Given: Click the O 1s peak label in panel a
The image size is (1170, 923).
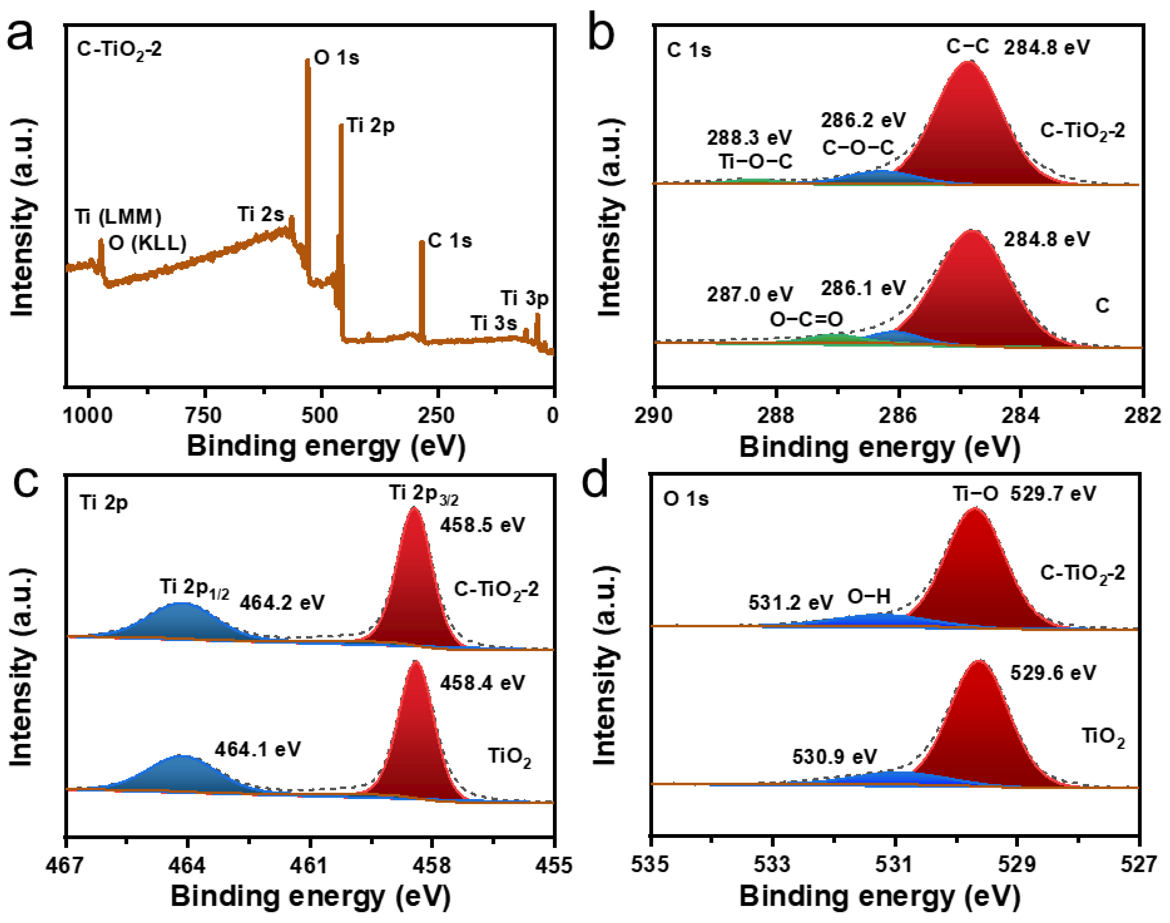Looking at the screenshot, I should (x=336, y=57).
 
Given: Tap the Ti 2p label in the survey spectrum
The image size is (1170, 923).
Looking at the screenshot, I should (x=370, y=125).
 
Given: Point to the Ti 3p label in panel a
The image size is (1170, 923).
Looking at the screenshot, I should (x=524, y=298).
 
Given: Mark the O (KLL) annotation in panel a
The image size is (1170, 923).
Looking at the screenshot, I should (x=147, y=243).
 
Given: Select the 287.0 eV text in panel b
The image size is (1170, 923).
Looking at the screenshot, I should (x=749, y=294).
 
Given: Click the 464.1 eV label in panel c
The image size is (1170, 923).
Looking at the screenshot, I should (x=257, y=749).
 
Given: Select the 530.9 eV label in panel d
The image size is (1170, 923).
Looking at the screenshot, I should (x=835, y=757).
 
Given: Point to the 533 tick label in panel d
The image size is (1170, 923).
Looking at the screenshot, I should (x=772, y=864).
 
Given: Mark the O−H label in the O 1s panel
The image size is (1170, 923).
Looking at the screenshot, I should (x=869, y=597).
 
